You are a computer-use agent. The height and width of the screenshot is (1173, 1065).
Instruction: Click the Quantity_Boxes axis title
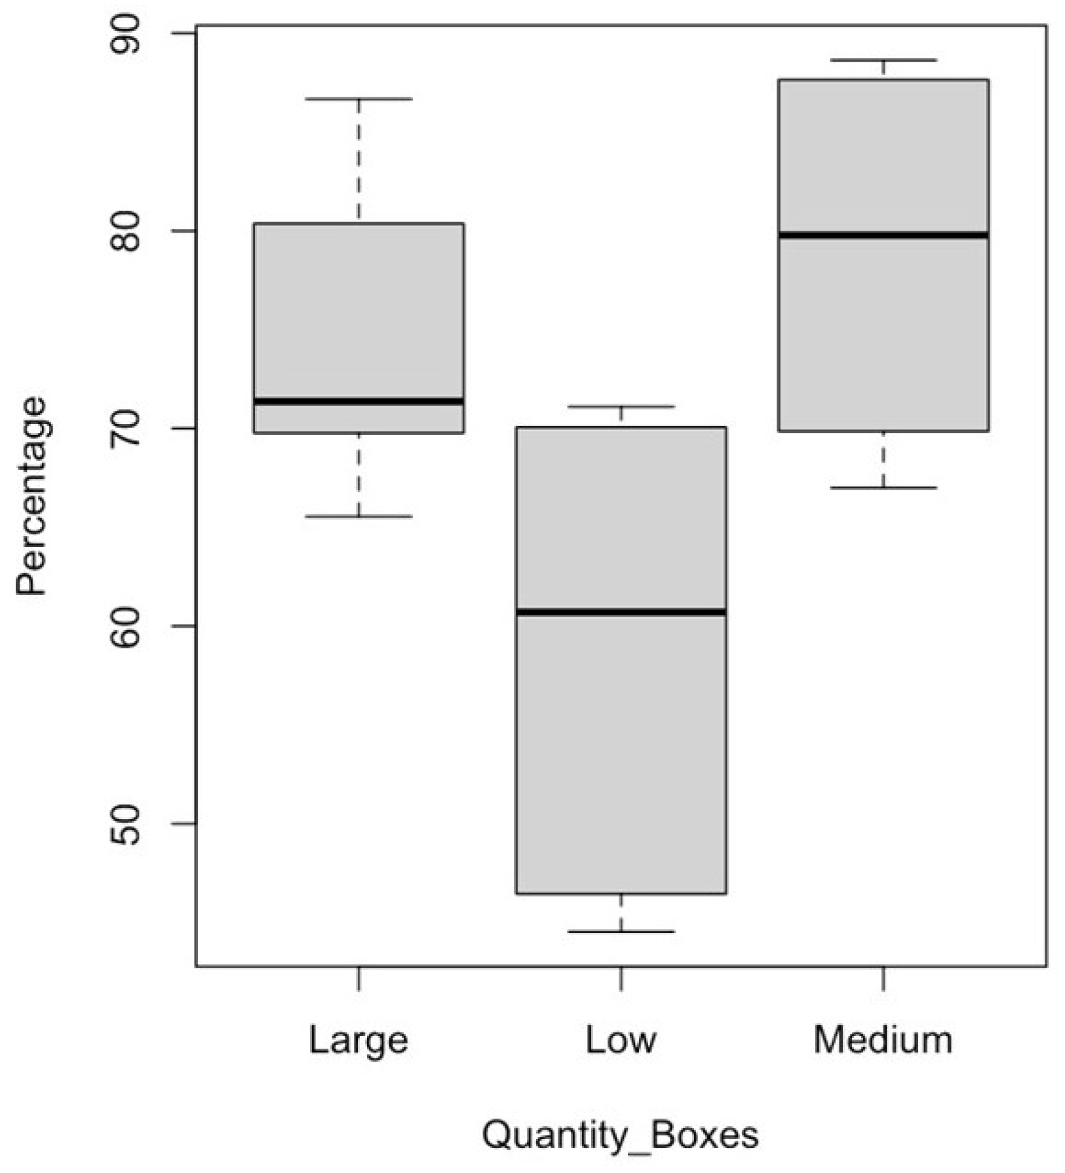(620, 1136)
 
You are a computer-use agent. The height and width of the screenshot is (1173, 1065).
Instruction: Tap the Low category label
(620, 1040)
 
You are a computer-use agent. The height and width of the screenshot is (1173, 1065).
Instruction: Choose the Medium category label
(883, 1040)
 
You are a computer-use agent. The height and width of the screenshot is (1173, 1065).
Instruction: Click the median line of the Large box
(358, 401)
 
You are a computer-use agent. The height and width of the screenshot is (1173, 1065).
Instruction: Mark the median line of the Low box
(621, 612)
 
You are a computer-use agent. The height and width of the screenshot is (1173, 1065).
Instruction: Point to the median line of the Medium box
(883, 235)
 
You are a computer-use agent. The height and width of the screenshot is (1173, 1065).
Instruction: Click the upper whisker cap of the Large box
(358, 99)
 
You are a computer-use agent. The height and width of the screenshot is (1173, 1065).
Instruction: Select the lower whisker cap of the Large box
(358, 516)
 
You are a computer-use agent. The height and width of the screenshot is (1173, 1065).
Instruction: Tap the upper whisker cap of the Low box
(621, 406)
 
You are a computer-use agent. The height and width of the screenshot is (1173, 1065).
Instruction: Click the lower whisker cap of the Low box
(621, 931)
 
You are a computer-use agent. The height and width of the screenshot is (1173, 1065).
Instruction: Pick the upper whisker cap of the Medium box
(883, 60)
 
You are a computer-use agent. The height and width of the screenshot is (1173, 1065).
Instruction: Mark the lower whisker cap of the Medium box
(883, 488)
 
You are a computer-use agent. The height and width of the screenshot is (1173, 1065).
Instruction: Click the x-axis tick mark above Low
(621, 978)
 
